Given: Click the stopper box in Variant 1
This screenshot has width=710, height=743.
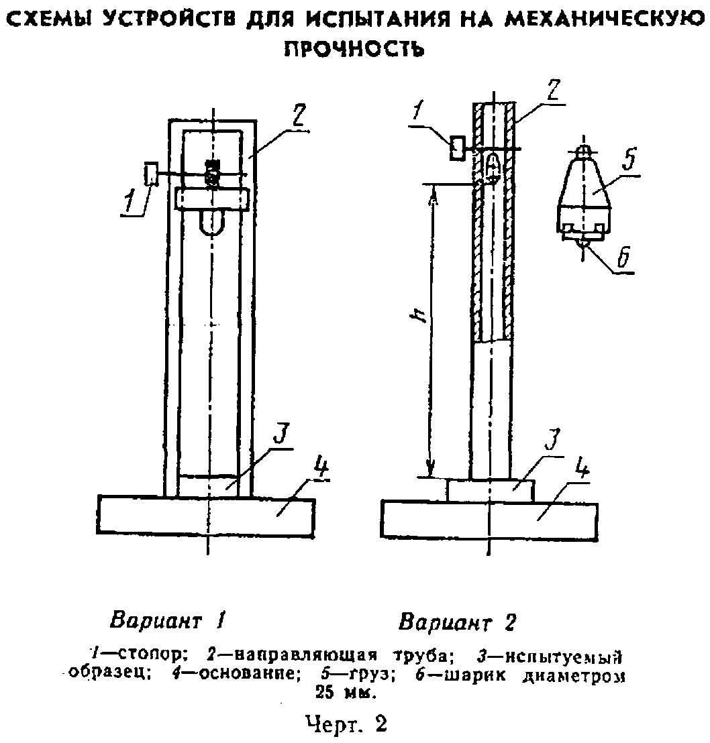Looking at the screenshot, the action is (x=152, y=174).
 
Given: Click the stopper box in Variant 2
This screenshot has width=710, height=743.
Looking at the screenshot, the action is (x=458, y=148).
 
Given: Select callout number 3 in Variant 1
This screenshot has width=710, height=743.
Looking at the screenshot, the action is (x=281, y=433).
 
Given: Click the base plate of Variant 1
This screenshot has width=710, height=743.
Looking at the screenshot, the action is (x=206, y=516).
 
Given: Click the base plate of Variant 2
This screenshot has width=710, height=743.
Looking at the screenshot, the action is (x=489, y=520).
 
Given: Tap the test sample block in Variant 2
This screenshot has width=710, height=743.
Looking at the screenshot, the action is (x=491, y=491).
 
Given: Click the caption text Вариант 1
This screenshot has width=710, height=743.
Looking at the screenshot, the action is (x=166, y=620).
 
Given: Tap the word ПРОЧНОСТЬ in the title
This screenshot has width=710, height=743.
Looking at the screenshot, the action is (x=354, y=48).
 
